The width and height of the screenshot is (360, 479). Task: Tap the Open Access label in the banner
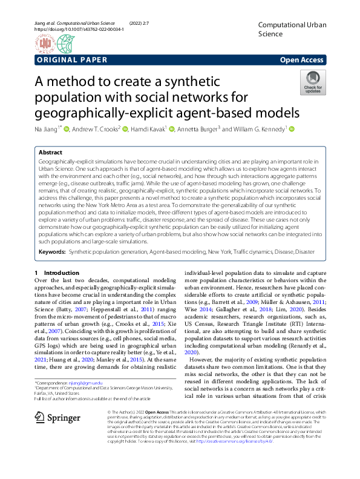tap(302, 60)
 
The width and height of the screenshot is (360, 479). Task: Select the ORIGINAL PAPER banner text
tap(72, 60)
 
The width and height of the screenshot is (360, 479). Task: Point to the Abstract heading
tap(50, 153)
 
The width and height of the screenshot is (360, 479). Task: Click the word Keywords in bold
tap(52, 251)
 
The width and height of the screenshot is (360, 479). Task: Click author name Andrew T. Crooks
tap(96, 129)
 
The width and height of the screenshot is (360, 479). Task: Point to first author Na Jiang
tap(45, 129)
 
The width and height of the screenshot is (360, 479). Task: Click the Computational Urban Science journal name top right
tap(287, 28)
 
